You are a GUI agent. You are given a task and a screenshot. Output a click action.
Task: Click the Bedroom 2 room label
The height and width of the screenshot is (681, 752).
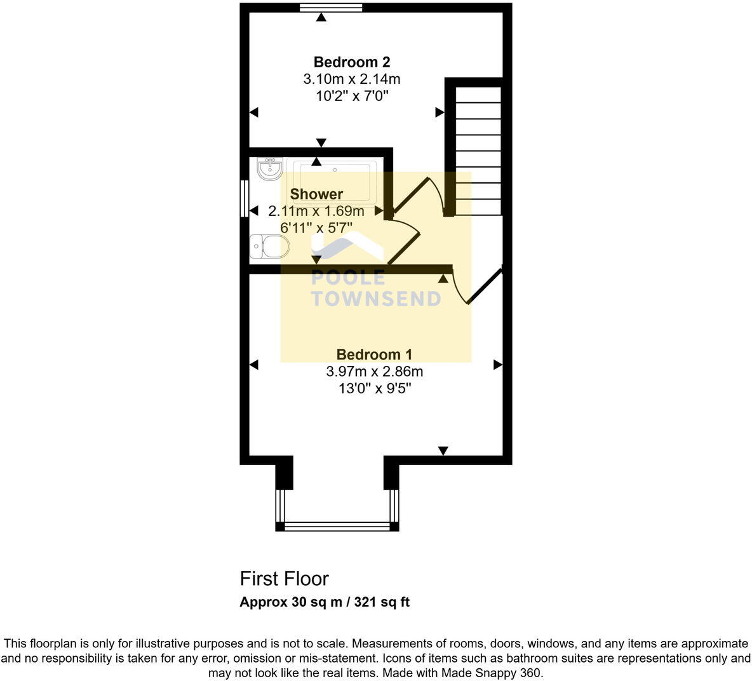click(351, 62)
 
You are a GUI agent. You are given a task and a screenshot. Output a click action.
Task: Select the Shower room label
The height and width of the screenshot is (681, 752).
click(316, 194)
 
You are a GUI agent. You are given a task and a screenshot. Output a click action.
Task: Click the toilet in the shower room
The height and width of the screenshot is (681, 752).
click(269, 246)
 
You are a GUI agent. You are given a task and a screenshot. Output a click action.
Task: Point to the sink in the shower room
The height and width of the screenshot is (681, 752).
click(270, 169)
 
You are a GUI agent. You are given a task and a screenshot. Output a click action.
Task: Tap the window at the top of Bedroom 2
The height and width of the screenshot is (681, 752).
click(331, 8)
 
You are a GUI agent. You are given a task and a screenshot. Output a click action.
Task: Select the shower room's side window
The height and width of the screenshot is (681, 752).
click(244, 199)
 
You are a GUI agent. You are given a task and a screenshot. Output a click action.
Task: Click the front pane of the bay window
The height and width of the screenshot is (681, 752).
click(337, 526)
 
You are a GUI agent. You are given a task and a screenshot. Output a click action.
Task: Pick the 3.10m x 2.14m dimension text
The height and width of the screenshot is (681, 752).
click(351, 79)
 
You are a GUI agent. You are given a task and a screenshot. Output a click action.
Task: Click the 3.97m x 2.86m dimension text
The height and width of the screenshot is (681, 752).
click(374, 372)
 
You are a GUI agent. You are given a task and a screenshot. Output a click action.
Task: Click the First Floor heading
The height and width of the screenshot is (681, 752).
click(284, 579)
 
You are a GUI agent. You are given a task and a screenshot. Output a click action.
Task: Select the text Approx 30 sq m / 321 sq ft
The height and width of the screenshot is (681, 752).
click(324, 602)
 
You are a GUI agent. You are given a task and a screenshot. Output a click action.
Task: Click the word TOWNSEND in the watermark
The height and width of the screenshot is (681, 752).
click(375, 299)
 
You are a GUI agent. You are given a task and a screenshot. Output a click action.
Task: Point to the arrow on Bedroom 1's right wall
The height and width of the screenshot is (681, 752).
click(498, 365)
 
